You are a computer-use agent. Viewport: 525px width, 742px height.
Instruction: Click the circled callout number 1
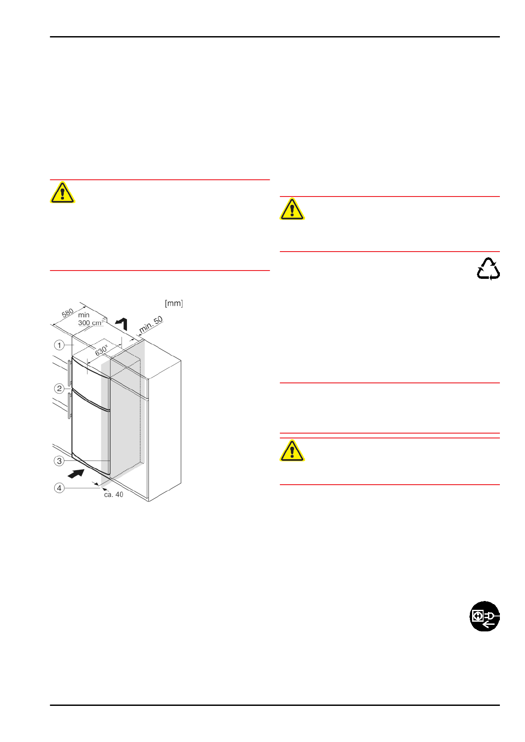coord(59,345)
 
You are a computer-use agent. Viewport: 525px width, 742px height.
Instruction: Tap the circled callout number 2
coord(59,388)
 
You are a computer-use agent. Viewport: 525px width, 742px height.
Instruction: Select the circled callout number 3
coord(59,461)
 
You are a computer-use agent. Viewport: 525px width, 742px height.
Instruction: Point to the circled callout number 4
coord(59,488)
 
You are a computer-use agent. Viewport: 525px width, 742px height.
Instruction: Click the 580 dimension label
coord(67,313)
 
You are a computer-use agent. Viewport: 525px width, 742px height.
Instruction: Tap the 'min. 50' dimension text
coord(151,325)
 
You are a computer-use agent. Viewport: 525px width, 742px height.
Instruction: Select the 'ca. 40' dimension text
coord(114,495)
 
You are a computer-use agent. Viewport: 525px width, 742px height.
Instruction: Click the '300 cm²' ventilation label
coord(91,323)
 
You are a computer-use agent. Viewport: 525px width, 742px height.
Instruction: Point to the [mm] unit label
coord(174,303)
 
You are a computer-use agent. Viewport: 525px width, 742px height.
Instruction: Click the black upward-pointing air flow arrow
coord(122,323)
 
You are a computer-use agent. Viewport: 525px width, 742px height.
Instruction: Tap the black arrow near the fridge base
coord(76,474)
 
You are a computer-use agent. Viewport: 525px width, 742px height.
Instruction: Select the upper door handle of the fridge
coord(70,373)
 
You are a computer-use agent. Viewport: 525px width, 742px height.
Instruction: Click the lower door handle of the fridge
coord(69,406)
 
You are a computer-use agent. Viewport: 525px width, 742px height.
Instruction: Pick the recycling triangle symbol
coord(488,269)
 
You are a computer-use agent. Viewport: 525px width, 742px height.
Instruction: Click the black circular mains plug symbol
coord(484,616)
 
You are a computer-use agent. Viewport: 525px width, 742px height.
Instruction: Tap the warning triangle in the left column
coord(62,193)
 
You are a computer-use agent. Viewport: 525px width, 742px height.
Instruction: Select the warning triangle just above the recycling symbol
coord(292,209)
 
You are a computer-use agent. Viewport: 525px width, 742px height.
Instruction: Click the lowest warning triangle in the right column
coord(292,451)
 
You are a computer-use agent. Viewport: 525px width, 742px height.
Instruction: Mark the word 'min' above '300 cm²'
coord(84,315)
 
